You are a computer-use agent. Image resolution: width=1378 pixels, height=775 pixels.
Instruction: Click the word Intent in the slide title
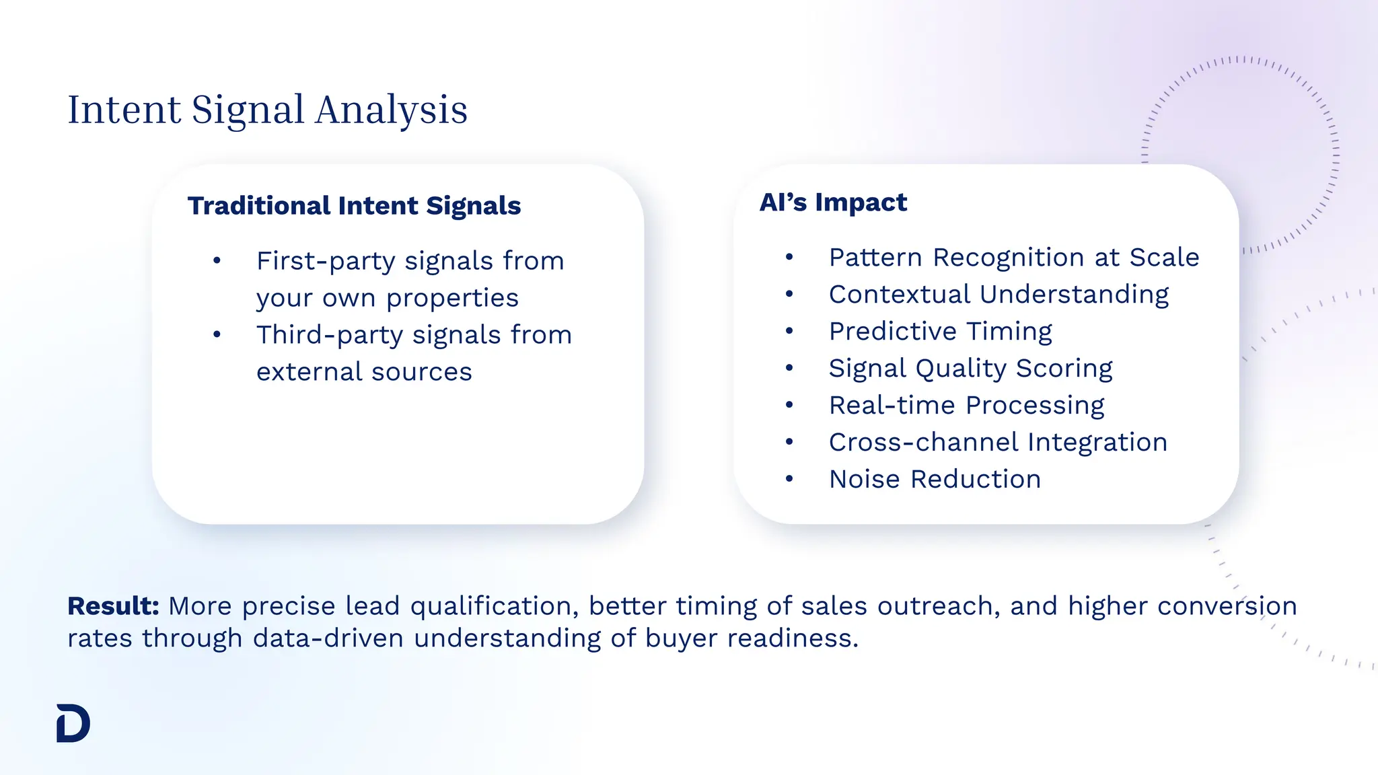[124, 110]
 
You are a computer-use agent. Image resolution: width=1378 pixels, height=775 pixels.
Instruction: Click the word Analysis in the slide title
[391, 110]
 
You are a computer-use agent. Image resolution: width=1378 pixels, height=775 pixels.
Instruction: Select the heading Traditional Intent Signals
[354, 206]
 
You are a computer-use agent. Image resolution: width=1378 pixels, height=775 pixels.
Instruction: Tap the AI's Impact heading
[833, 202]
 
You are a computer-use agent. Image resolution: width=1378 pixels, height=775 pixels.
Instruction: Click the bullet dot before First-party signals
[217, 261]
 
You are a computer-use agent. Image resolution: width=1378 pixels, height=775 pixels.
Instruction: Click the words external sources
[364, 372]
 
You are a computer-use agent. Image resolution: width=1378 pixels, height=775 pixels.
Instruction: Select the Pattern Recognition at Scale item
[1014, 258]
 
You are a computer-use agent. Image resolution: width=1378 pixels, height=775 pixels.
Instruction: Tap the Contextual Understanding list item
[999, 295]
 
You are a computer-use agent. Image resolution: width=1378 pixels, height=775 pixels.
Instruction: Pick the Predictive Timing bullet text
[940, 332]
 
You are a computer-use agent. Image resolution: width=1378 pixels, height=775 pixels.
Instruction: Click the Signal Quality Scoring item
[970, 369]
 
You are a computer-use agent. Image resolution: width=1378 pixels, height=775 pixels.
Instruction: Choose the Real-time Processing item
[966, 406]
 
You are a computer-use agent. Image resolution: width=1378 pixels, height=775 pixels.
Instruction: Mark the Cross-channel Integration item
[998, 443]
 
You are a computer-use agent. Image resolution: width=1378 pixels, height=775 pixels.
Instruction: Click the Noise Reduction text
[935, 480]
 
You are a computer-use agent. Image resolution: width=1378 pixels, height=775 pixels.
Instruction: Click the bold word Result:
[113, 606]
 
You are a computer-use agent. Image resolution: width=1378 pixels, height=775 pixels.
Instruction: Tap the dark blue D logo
[73, 723]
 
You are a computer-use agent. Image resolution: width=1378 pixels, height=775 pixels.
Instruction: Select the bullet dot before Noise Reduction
[789, 479]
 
